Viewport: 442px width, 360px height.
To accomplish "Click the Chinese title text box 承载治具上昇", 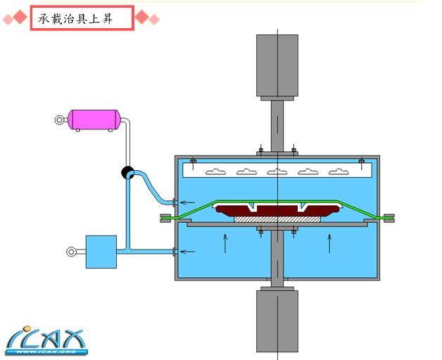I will click(82, 18).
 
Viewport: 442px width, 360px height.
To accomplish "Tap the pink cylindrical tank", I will click(94, 119).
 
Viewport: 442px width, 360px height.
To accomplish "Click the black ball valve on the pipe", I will click(128, 172).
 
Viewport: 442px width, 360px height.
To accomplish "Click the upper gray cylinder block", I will click(277, 65).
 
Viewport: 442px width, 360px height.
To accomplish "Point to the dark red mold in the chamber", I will click(277, 209).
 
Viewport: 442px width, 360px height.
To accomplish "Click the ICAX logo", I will click(45, 340).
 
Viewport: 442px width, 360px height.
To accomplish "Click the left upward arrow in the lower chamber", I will click(225, 243).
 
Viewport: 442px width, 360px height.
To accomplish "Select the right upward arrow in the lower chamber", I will click(329, 243).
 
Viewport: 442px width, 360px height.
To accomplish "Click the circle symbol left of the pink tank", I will click(59, 120).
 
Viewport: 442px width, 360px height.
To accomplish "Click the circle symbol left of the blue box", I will click(71, 251).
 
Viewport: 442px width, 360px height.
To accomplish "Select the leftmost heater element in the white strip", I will click(215, 171).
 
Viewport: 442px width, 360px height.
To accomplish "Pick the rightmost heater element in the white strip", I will click(339, 171).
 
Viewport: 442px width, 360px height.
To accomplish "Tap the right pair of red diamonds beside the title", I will click(147, 18).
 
